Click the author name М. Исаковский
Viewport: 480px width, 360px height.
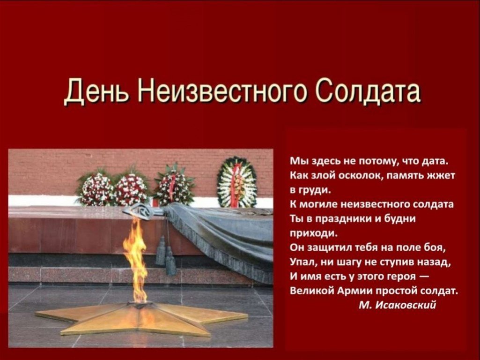point(397,305)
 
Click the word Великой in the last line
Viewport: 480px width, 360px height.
point(311,290)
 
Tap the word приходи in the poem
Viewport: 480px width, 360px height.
point(313,234)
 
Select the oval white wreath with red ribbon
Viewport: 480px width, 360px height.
point(236,183)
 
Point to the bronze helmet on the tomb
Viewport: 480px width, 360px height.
point(141,211)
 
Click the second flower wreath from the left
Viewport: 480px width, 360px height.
point(132,187)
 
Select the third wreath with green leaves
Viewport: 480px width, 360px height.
point(173,186)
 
